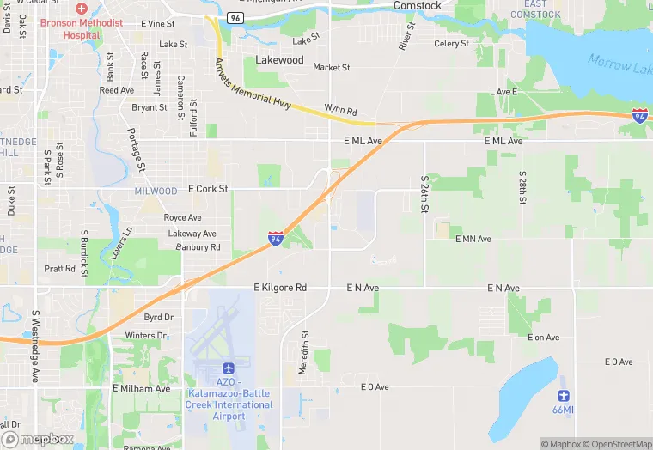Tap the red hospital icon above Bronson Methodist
(81, 7)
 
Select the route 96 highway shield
(235, 16)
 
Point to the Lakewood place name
(279, 60)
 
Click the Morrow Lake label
(619, 64)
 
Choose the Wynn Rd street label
(340, 108)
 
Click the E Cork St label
(207, 189)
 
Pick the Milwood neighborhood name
(156, 191)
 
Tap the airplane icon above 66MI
(564, 396)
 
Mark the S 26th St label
(424, 194)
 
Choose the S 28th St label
(522, 188)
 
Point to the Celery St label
(451, 44)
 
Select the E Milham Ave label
(142, 388)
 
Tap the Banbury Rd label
(198, 247)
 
